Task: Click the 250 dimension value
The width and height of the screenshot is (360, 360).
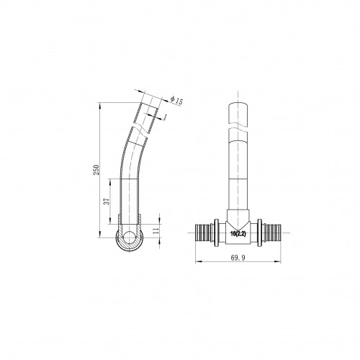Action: (96, 170)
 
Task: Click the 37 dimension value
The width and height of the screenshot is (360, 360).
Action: (107, 201)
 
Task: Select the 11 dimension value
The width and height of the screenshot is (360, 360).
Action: (156, 231)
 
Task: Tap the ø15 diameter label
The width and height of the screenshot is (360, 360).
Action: (176, 100)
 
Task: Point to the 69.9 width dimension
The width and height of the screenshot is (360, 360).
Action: (238, 258)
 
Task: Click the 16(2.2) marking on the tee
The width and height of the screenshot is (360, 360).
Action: (238, 234)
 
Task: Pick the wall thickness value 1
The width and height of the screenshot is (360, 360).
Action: (166, 117)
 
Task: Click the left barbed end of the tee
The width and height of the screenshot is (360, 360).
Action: (204, 233)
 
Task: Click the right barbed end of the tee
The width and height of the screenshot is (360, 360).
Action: (272, 233)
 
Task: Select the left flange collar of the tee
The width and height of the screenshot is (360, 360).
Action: (216, 233)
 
